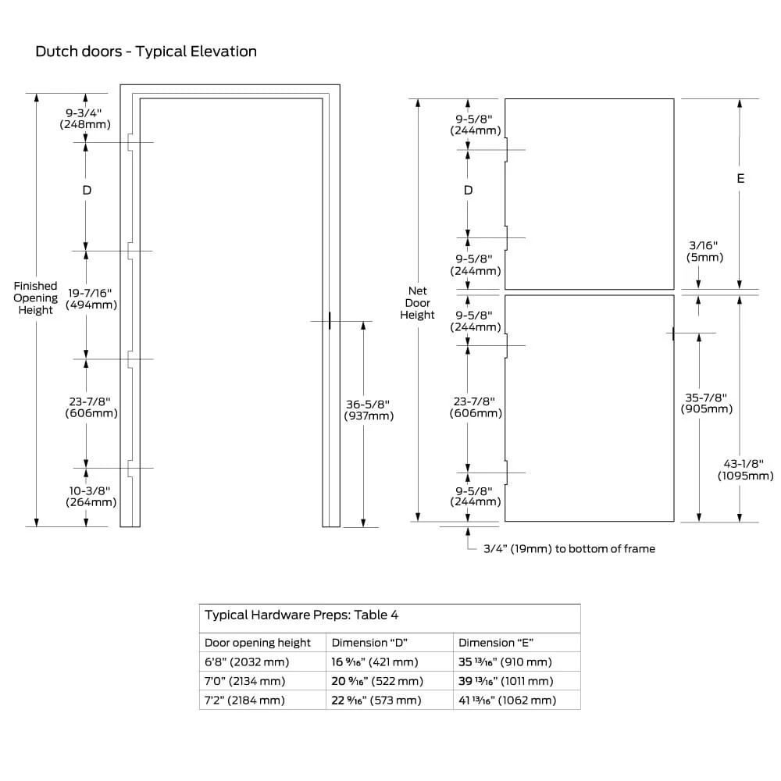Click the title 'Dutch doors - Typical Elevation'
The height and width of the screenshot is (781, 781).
click(146, 52)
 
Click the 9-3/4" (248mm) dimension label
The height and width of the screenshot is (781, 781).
click(85, 119)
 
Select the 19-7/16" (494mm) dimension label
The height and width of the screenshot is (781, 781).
click(91, 299)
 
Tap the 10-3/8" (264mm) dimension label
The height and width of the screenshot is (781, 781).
click(91, 497)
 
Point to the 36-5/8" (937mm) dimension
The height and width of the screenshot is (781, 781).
click(369, 410)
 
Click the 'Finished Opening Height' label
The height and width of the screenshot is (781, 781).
click(35, 298)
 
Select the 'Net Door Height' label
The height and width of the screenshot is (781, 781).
click(417, 303)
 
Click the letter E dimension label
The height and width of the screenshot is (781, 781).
click(740, 178)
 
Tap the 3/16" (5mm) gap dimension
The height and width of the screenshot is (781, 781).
click(704, 251)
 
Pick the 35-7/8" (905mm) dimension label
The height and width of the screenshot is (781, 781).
click(706, 403)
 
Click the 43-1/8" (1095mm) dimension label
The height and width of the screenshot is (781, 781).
click(745, 469)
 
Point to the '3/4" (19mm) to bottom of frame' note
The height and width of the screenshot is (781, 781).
click(569, 549)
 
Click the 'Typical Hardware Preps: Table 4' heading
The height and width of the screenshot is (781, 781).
click(301, 615)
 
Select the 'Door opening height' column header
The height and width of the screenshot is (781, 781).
click(258, 643)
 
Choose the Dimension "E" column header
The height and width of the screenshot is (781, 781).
click(496, 643)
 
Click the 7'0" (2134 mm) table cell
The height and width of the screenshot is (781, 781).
click(244, 681)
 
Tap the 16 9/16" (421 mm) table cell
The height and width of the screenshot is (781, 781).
click(375, 662)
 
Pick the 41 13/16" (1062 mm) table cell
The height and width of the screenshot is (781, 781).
click(507, 701)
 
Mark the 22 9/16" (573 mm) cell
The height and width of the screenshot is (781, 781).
click(376, 701)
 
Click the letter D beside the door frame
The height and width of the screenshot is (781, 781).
click(87, 191)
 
